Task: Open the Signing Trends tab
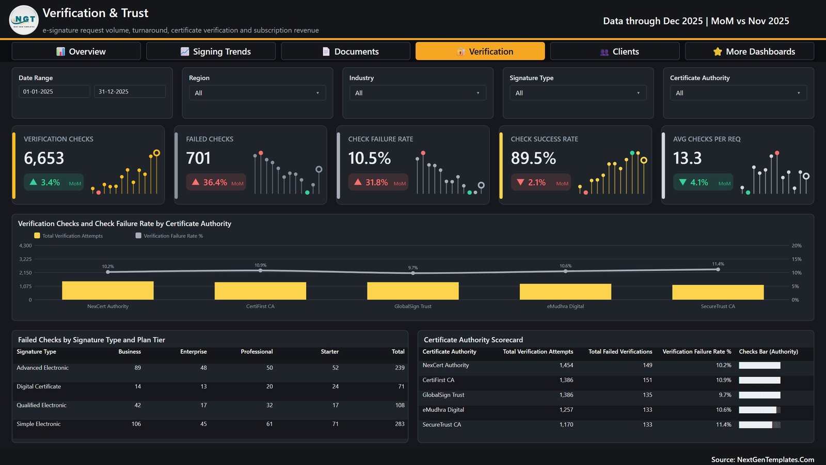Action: pos(211,51)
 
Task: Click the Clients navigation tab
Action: pos(615,51)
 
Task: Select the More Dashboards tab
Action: pos(749,51)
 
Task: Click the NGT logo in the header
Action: pos(24,20)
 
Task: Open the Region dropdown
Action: pos(258,93)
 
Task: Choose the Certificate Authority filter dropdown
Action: pos(738,93)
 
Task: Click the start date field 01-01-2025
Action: pos(54,91)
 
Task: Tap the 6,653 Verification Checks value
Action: pos(44,158)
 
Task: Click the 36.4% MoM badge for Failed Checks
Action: pos(216,182)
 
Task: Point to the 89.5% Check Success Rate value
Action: pos(533,158)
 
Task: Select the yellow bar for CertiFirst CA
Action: pos(260,291)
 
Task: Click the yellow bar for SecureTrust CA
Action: pos(718,292)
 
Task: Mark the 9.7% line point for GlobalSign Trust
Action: pos(413,273)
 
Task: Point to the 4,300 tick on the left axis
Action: pos(25,245)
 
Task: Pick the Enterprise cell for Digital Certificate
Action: pos(203,386)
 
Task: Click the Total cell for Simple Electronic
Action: pos(400,424)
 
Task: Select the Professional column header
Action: pos(257,351)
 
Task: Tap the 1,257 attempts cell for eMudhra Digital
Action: pos(566,410)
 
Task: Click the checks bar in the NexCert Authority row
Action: pos(759,365)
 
